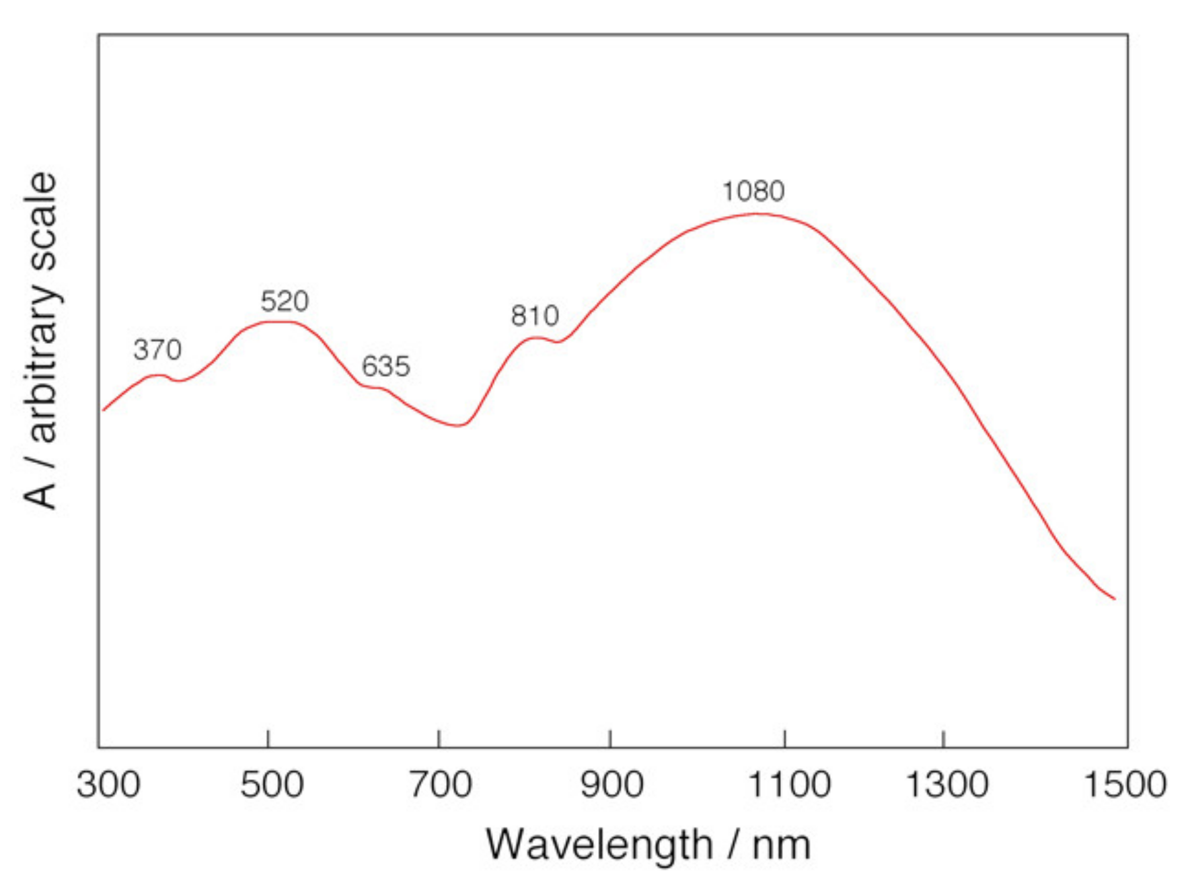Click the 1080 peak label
753,191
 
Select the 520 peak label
285,301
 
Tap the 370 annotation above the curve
157,349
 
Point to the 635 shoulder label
385,366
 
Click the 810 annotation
535,316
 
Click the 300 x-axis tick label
108,785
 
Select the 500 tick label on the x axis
272,785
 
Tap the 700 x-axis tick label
441,785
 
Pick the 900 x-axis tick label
611,785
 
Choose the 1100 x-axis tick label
789,785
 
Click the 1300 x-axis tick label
947,785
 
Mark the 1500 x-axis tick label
1125,785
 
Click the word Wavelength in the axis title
599,845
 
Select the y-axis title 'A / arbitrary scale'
40,340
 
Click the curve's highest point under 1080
757,214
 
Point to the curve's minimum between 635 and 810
459,425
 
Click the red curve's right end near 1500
1115,598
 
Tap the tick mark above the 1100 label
784,738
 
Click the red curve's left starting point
103,410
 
